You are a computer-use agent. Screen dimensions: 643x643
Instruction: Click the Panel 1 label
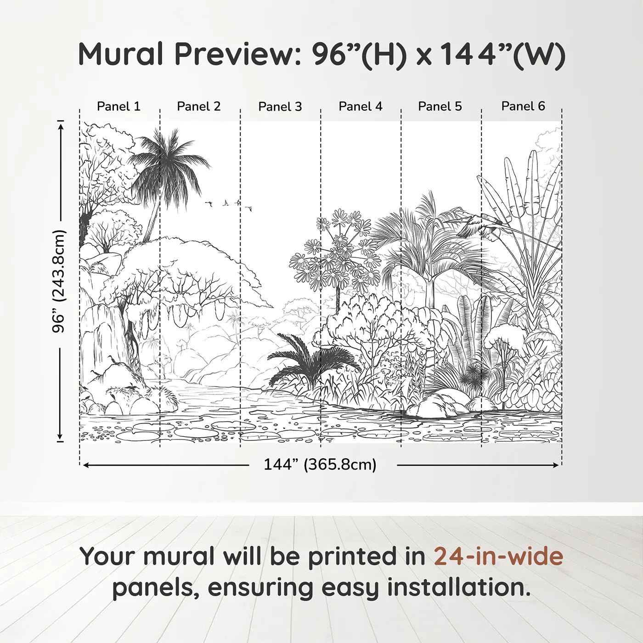point(118,107)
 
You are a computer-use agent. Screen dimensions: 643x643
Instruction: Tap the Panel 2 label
point(199,107)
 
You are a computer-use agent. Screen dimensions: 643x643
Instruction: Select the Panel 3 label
point(280,107)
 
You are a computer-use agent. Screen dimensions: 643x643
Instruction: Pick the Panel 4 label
point(361,107)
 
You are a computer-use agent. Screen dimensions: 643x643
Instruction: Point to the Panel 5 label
point(440,107)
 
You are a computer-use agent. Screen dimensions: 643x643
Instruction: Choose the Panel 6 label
point(523,107)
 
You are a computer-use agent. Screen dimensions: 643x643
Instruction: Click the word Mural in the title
point(121,54)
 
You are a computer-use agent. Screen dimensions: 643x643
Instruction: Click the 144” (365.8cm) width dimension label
point(320,465)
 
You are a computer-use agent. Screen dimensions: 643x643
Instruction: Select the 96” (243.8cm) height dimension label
point(59,281)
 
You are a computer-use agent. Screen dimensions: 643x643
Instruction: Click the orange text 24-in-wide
point(498,556)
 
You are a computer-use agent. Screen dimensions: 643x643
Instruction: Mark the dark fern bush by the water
point(312,358)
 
